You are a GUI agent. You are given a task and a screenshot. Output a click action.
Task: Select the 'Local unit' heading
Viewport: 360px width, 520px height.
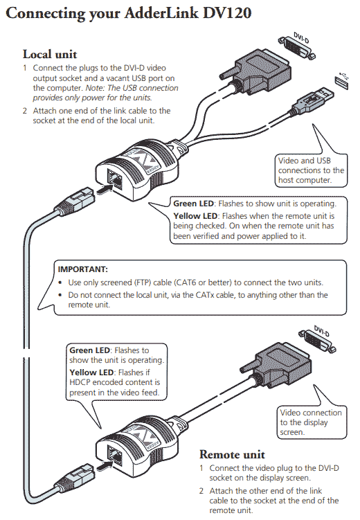tap(50, 53)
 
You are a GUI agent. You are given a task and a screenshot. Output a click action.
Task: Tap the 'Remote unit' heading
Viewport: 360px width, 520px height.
tap(232, 454)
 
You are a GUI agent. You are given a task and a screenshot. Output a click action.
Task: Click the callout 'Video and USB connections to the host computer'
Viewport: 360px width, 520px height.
tap(310, 170)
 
